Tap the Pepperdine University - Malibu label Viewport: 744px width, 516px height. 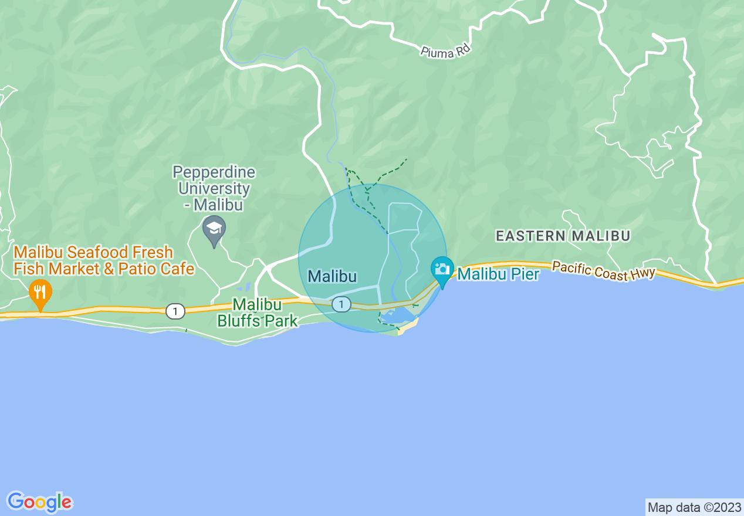click(x=214, y=188)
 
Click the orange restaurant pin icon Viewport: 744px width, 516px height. click(x=40, y=291)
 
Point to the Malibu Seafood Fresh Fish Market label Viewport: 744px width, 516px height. click(x=94, y=253)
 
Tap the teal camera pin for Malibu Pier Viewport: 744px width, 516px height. click(x=442, y=269)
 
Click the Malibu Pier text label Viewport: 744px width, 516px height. click(x=498, y=274)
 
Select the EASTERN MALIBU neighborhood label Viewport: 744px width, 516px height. click(x=563, y=236)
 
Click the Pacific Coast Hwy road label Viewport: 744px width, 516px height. click(x=603, y=271)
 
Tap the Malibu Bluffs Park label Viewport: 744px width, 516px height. click(x=257, y=313)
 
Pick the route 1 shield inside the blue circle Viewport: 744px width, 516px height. click(x=341, y=304)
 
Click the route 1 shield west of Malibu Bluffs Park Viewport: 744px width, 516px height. click(x=175, y=311)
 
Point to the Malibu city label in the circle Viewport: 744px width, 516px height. click(x=332, y=276)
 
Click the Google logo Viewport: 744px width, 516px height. click(x=39, y=502)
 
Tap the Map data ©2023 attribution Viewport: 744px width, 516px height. click(x=694, y=507)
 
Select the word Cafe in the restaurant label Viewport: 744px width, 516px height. click(x=177, y=269)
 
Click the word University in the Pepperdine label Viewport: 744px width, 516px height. click(x=214, y=189)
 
